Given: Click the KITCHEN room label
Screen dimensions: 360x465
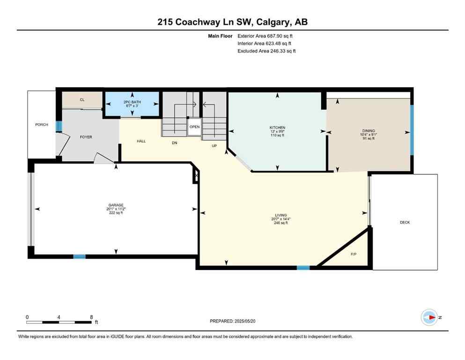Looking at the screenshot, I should coord(277,127).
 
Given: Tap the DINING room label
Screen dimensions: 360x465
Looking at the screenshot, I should coord(368,131).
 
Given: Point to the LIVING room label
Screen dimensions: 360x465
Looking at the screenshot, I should coord(281,215).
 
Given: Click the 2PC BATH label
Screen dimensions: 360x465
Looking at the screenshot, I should coord(132,102).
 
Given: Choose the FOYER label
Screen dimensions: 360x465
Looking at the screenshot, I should coord(86,137).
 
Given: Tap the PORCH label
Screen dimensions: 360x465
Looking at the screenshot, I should coord(42,124).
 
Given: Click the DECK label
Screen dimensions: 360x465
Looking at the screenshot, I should coord(405,222).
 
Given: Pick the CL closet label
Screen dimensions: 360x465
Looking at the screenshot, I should coord(82,99).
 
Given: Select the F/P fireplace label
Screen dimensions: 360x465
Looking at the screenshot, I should coord(354,254).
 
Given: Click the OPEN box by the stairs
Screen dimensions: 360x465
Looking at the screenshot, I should coord(194,127).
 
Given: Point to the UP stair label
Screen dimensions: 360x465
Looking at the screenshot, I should coord(214,145).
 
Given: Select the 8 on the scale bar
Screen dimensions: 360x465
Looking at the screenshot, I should coord(91,317).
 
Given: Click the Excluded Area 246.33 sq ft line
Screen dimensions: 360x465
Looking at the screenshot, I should coord(266,51).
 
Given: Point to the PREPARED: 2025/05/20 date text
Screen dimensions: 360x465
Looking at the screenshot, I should coord(234,321).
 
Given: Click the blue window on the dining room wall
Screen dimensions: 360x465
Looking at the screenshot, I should coord(412,130).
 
